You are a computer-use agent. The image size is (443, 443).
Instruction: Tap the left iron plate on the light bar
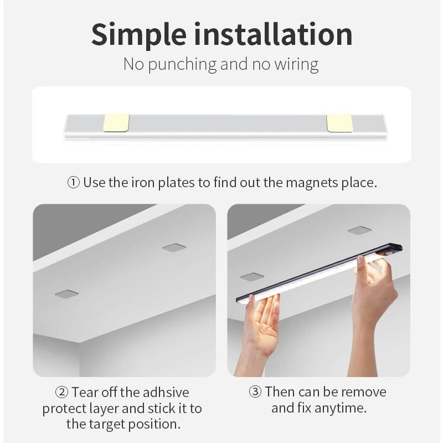click(116, 123)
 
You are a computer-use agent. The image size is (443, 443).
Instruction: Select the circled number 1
click(73, 183)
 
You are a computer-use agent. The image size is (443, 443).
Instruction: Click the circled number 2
click(61, 393)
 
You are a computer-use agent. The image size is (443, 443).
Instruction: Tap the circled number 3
click(255, 393)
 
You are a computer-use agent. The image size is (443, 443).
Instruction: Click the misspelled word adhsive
click(166, 393)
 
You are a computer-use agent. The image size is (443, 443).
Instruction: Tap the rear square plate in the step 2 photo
click(174, 247)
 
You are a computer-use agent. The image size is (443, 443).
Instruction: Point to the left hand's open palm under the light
click(265, 321)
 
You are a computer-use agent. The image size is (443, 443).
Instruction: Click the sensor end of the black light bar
click(392, 250)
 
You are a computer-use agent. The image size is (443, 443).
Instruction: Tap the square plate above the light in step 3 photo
click(359, 230)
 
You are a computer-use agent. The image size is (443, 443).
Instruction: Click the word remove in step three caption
click(363, 393)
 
